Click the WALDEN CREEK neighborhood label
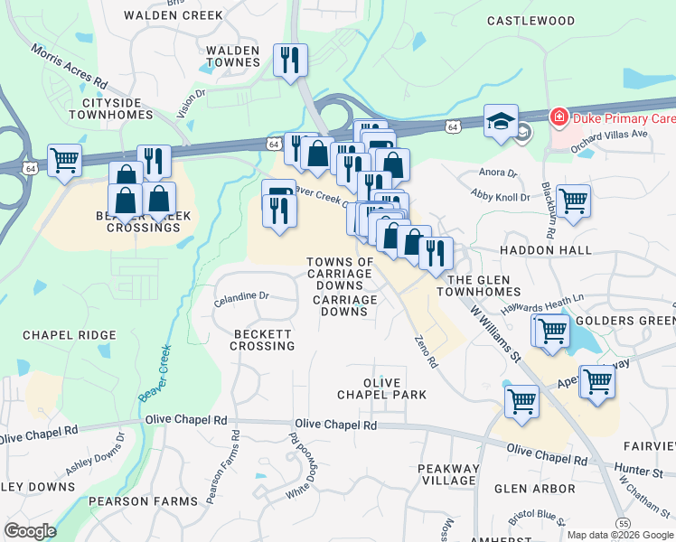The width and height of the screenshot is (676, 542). click(161, 15)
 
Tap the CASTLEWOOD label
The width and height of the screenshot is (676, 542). click(530, 20)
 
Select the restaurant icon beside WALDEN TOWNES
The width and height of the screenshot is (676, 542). click(290, 61)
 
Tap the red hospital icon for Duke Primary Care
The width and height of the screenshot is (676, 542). click(559, 118)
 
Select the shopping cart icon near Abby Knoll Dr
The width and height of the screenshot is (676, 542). click(573, 201)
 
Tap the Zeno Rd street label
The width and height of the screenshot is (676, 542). click(426, 350)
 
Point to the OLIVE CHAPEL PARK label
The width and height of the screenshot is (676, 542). click(381, 388)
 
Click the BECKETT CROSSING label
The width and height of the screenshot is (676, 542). click(263, 340)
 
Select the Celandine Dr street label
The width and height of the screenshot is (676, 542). click(241, 295)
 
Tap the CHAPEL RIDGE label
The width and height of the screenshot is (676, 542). click(70, 335)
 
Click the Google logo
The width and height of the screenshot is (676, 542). click(30, 531)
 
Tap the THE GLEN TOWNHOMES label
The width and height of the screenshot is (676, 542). click(480, 285)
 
